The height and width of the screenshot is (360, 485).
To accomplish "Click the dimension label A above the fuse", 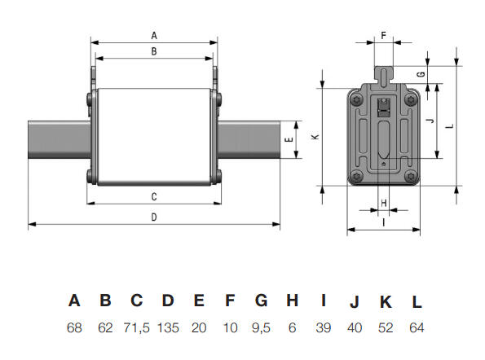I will [x=154, y=35].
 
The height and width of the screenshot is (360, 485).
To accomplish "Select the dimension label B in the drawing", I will [x=154, y=51].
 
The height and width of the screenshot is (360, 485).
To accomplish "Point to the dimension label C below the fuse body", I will [x=154, y=197].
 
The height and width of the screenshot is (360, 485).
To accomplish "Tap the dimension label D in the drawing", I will [x=154, y=217].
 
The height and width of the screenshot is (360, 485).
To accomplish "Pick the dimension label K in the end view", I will [x=315, y=137].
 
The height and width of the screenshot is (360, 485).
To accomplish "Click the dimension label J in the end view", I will [x=429, y=121].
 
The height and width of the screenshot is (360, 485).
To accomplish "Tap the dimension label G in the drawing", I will [x=421, y=74].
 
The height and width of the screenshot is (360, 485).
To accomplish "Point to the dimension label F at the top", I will [x=385, y=36].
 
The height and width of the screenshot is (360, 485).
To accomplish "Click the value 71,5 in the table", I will [x=137, y=327].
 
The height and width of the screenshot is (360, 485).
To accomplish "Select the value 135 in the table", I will [x=168, y=327].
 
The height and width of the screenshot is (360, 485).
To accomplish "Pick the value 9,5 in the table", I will [x=261, y=327].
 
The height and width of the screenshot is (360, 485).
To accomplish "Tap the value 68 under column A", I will [x=74, y=327].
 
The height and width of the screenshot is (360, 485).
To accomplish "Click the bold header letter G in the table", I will [x=261, y=301].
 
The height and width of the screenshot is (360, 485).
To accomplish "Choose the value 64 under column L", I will [x=417, y=327].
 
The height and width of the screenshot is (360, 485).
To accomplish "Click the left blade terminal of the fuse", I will [x=57, y=140].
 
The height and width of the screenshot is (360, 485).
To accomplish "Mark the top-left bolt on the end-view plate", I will [x=357, y=100].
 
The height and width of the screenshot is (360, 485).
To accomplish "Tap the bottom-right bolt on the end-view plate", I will [x=410, y=177].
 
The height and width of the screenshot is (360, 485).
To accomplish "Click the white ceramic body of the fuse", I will [x=153, y=134].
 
